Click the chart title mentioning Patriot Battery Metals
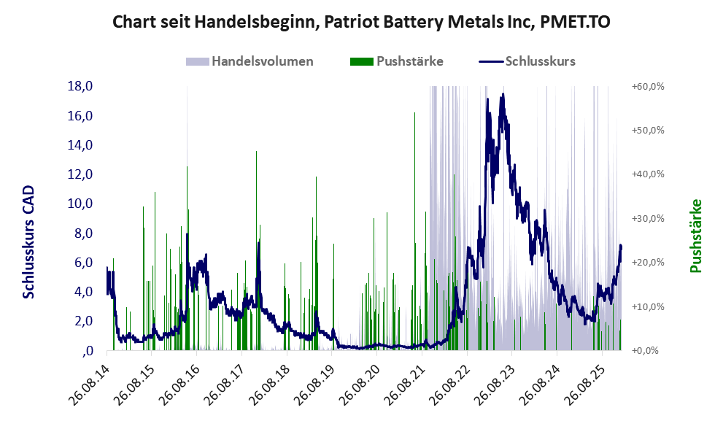(x=361, y=22)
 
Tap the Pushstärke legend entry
(x=409, y=61)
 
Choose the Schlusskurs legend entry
(x=540, y=61)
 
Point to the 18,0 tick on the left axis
(x=79, y=86)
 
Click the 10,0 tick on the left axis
(x=79, y=204)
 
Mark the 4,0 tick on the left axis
(x=79, y=292)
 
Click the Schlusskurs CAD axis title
(x=29, y=241)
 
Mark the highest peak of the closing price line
(x=502, y=95)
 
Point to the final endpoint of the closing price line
(x=621, y=247)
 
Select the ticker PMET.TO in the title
(x=574, y=22)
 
